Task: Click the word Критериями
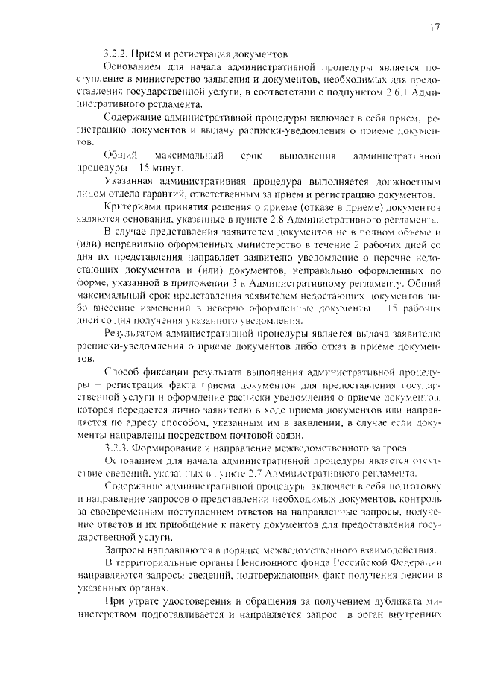(133, 208)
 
